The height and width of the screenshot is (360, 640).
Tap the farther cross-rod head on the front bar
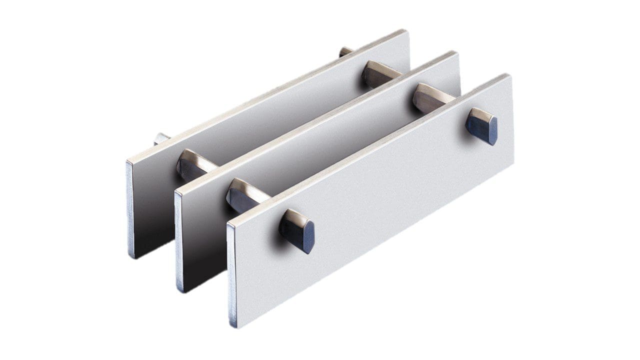482,126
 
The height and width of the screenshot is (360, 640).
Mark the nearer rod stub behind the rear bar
161,138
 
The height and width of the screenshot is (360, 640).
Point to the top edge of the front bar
370,148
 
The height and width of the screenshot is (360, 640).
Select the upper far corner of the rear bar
406,31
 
